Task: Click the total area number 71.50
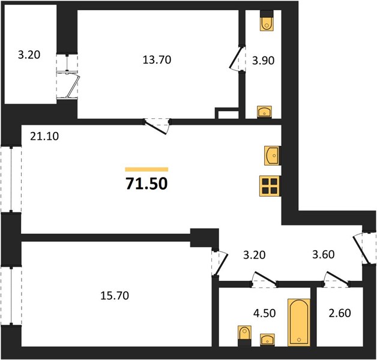pos(146,184)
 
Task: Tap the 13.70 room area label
pos(157,60)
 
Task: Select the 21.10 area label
pos(44,136)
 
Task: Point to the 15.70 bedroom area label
pos(115,296)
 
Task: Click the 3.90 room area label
pos(263,61)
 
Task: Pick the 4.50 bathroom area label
pos(265,313)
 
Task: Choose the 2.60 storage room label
pos(340,313)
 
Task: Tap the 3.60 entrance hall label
pos(324,254)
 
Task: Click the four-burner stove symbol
pos(270,186)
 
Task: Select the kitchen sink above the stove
pos(273,156)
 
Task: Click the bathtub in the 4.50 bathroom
pos(299,323)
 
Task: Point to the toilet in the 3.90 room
pos(267,20)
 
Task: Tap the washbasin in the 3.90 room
pos(265,112)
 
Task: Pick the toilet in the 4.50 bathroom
pos(244,336)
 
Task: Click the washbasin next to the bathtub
pos(267,340)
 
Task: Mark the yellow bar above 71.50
pos(146,169)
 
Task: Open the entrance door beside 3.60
pos(361,249)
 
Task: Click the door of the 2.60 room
pos(337,279)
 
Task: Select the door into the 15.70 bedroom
pos(220,263)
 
